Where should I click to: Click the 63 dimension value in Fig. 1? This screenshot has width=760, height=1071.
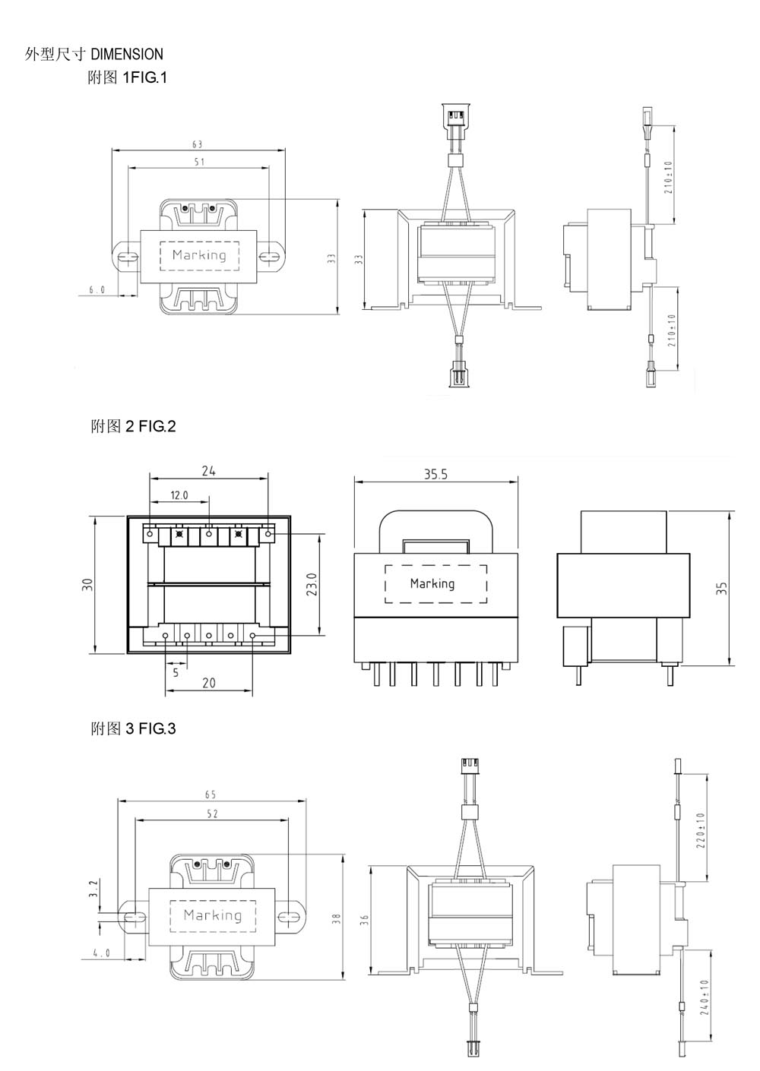(x=198, y=144)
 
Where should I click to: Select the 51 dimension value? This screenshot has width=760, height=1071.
(x=199, y=162)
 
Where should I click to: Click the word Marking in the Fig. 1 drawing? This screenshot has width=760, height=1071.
(x=199, y=254)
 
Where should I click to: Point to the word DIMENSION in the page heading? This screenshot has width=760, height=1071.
(x=127, y=54)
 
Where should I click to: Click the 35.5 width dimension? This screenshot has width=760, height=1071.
(x=436, y=474)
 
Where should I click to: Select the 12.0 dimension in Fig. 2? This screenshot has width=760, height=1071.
(x=179, y=495)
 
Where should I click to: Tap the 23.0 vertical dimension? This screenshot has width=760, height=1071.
(x=311, y=584)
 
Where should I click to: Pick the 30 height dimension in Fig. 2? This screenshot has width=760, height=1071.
(x=87, y=584)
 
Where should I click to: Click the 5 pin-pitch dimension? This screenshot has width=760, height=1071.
(x=176, y=672)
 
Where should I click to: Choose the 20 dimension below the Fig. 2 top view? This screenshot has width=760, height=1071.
(x=209, y=683)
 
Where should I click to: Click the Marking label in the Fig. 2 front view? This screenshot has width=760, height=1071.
(x=432, y=583)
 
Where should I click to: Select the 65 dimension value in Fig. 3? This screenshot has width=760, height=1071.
(x=211, y=795)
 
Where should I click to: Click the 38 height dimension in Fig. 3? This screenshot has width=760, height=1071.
(x=336, y=918)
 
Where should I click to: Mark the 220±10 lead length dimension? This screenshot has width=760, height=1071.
(x=700, y=831)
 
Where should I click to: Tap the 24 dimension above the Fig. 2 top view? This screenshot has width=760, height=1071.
(x=209, y=471)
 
